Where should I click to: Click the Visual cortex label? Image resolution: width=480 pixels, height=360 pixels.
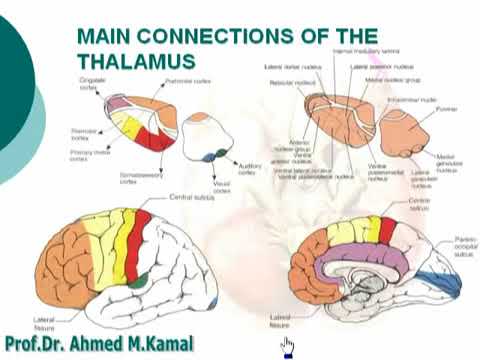pos(221,187)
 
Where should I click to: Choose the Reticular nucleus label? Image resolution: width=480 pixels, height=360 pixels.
pos(287,83)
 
